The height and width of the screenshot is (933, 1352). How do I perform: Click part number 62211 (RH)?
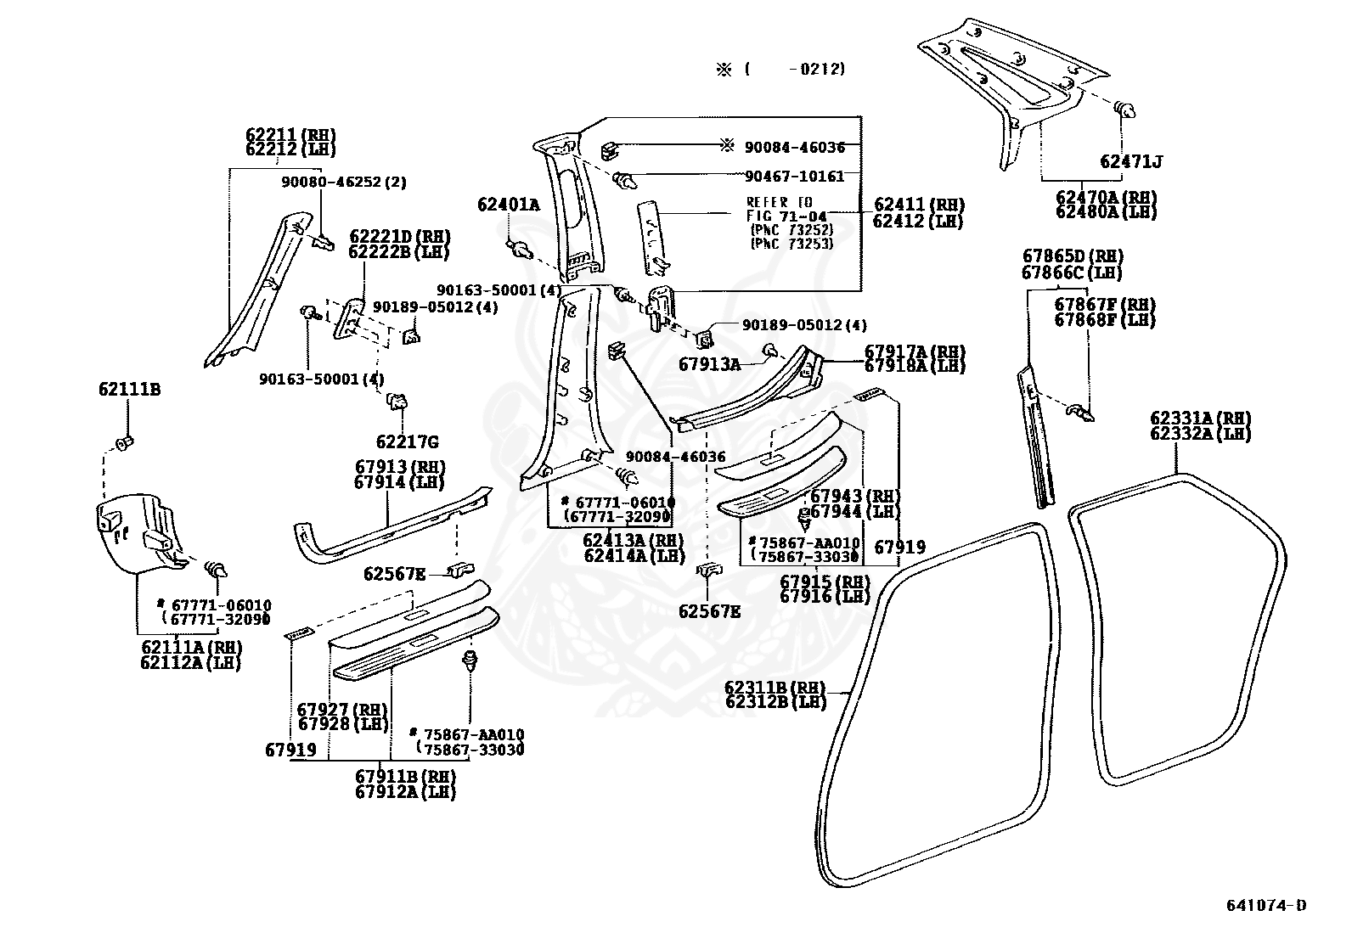click(290, 135)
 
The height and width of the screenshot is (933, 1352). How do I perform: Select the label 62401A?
click(508, 205)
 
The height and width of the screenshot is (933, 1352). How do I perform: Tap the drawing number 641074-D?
click(1266, 905)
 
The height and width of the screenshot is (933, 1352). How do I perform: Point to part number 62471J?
click(1131, 162)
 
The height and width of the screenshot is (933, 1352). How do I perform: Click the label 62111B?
click(130, 390)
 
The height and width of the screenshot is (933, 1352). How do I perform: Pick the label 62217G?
click(408, 442)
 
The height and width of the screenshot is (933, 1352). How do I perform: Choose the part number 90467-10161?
click(794, 177)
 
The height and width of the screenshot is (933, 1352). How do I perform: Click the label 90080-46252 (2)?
click(344, 183)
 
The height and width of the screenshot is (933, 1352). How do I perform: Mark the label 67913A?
click(710, 364)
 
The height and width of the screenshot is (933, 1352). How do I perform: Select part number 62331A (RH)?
click(1201, 419)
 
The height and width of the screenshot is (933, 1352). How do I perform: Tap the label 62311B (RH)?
click(775, 688)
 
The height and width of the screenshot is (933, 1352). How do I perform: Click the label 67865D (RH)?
click(1073, 256)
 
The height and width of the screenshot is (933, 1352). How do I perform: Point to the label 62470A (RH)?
click(1107, 197)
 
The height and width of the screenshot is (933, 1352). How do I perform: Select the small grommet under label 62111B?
click(124, 443)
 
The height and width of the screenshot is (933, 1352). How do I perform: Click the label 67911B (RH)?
click(405, 776)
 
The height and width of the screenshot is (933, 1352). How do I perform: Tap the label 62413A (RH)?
click(634, 540)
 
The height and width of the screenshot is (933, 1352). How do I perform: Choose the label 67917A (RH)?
click(915, 351)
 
